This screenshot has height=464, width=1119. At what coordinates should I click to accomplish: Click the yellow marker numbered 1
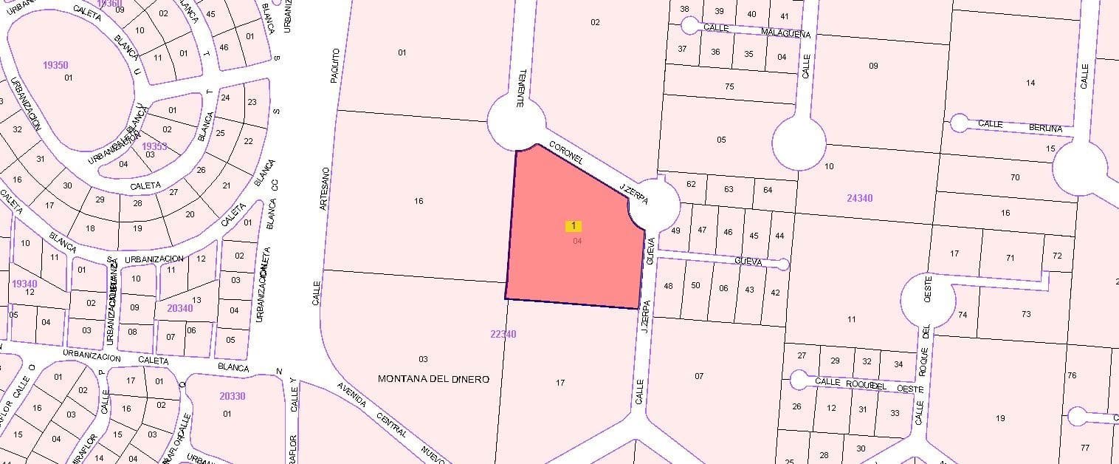(x=574, y=225)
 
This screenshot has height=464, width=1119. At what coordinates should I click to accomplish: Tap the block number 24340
(x=859, y=198)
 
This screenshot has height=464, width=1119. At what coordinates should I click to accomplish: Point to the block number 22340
(x=503, y=334)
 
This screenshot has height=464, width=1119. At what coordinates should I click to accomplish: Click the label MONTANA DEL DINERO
(x=433, y=379)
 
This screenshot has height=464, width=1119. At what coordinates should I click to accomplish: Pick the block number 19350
(x=55, y=65)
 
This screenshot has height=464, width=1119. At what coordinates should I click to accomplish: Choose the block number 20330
(x=232, y=396)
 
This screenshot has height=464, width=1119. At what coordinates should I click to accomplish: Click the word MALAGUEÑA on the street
(x=785, y=34)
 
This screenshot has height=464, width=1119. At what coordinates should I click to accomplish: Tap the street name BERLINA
(x=1046, y=129)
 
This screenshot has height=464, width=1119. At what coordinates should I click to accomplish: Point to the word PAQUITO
(x=334, y=65)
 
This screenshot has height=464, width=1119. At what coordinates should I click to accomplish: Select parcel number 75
(x=729, y=86)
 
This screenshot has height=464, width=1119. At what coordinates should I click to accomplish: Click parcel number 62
(x=691, y=184)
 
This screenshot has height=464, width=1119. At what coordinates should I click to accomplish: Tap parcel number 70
(x=1015, y=177)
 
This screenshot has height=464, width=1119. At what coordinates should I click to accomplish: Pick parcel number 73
(x=1026, y=314)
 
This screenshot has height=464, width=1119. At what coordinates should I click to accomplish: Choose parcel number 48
(x=669, y=286)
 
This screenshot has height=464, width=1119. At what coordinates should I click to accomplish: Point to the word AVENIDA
(x=351, y=395)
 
